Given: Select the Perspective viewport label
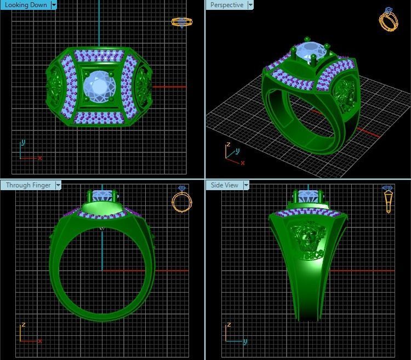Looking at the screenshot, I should [x=226, y=5].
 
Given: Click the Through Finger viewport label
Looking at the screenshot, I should [x=28, y=185].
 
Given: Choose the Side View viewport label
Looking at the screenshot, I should [x=224, y=185].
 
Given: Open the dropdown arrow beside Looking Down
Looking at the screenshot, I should [x=54, y=5].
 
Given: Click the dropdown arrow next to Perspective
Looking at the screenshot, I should [x=250, y=5].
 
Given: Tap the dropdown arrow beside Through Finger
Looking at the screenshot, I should [x=58, y=185].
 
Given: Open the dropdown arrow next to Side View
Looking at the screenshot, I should [x=246, y=185].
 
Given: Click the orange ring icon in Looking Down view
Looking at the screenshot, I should [x=181, y=22].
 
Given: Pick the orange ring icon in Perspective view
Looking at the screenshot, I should [x=389, y=19].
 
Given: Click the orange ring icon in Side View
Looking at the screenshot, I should [x=388, y=199].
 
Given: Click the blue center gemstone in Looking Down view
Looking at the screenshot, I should [x=99, y=85].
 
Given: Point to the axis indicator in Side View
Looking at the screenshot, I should [x=233, y=333].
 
